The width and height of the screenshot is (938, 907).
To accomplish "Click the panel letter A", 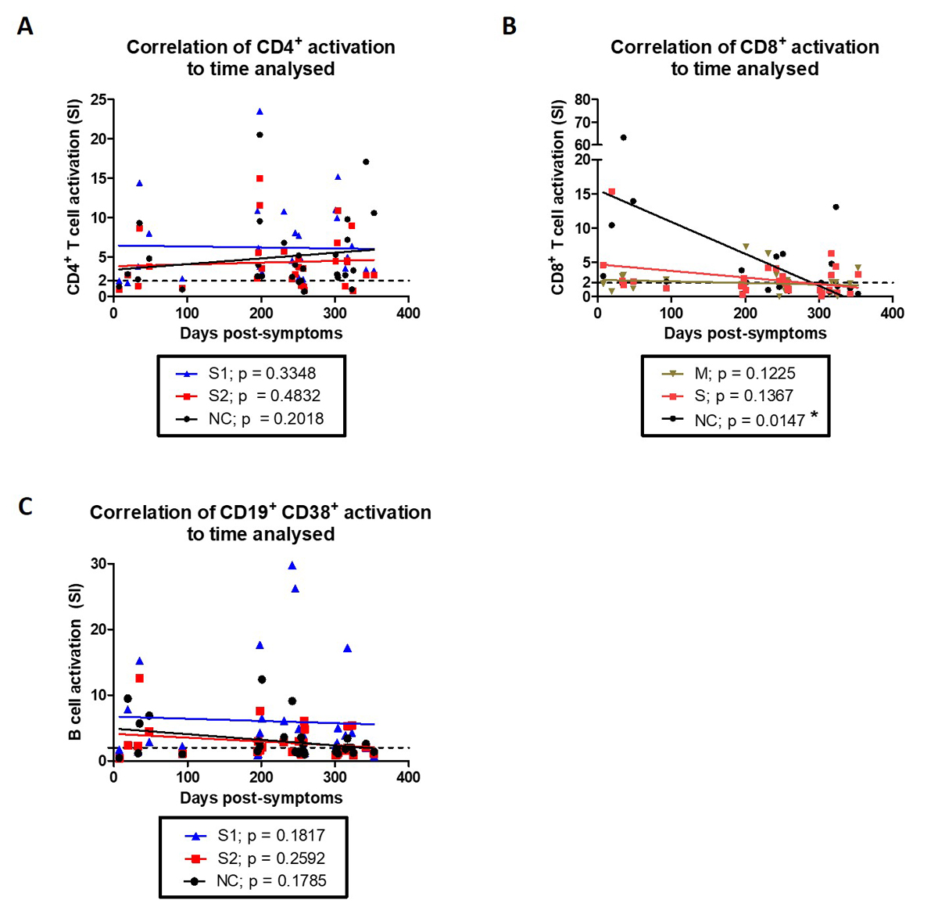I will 25,27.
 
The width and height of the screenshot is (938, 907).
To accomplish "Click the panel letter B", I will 509,27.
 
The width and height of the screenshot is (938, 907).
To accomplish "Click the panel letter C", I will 25,507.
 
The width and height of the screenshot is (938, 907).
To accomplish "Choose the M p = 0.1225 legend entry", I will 735,374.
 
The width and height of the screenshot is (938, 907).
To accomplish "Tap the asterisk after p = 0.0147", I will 814,417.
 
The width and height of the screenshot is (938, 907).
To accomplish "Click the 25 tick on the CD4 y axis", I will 99,100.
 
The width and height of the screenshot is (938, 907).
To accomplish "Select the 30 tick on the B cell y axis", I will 99,564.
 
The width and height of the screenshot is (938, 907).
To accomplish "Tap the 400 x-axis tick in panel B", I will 892,313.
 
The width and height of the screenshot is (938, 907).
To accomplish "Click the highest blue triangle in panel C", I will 292,565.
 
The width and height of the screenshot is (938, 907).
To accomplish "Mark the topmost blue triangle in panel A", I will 260,112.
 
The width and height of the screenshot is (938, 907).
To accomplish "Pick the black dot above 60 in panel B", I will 623,138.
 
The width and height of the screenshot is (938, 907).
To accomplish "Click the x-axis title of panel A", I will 261,334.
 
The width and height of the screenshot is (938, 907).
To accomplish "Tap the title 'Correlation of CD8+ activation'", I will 744,47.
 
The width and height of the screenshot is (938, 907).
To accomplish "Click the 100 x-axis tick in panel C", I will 188,777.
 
